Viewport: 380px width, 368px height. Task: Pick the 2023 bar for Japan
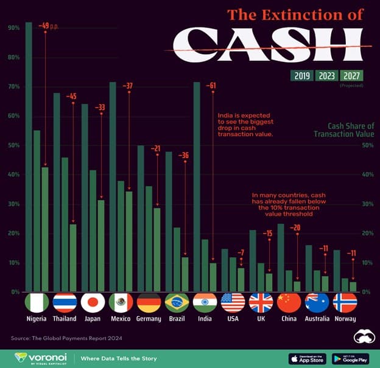tap(93, 231)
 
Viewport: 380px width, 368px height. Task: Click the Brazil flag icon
tap(177, 302)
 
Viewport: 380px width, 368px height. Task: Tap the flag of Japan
tap(93, 302)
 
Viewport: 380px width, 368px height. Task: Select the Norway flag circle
tap(345, 302)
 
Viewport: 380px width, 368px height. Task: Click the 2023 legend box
tap(325, 75)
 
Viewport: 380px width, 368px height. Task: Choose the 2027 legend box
tap(351, 75)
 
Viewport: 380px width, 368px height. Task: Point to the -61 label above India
tap(211, 85)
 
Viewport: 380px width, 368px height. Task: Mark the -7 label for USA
tap(241, 252)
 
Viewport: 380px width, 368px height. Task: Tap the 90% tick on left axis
tap(13, 28)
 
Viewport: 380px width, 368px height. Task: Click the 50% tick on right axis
tap(367, 145)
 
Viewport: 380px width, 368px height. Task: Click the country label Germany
tap(149, 319)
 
